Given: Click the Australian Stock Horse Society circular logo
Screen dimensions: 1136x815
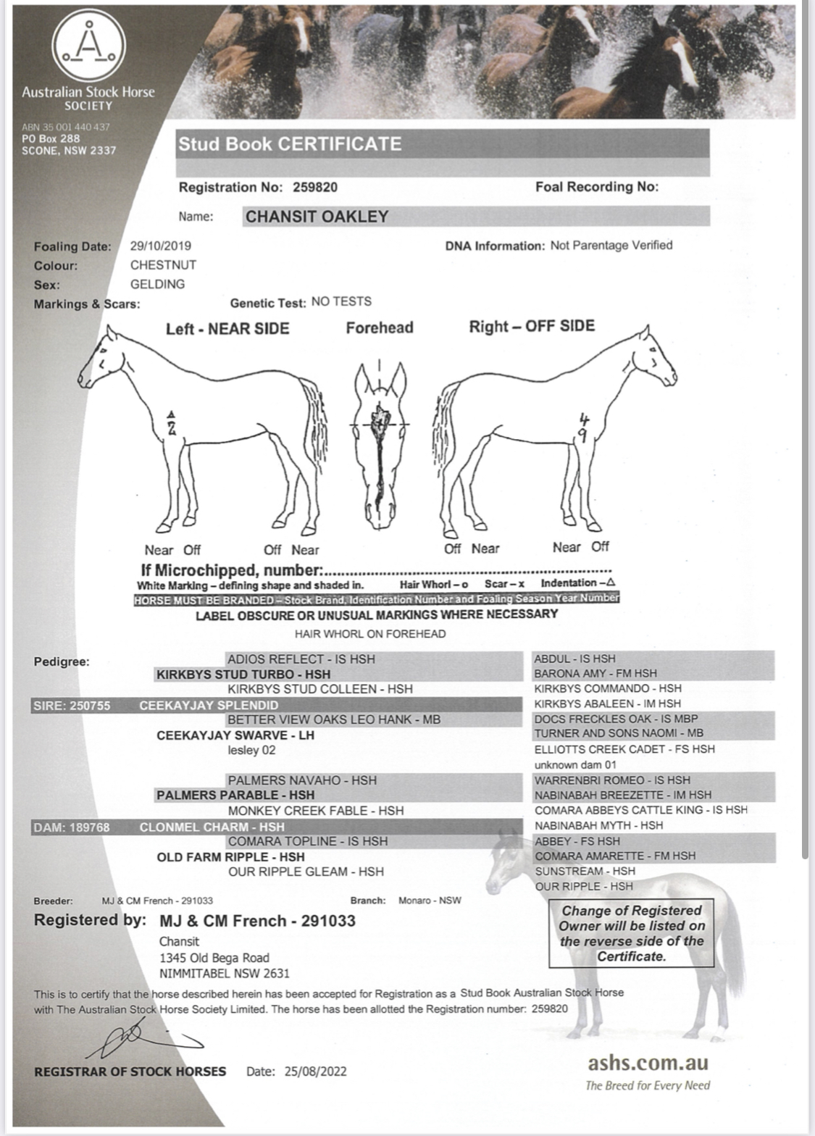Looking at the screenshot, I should pyautogui.click(x=88, y=46).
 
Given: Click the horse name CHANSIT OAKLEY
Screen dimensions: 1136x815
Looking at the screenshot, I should pyautogui.click(x=317, y=217).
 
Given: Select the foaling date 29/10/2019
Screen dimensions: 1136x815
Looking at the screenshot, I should pyautogui.click(x=161, y=246).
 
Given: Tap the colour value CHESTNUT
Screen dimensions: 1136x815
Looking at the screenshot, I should pyautogui.click(x=163, y=265).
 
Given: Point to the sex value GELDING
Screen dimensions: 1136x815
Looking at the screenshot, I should pyautogui.click(x=157, y=284).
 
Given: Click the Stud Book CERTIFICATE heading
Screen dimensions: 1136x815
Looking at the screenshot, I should pyautogui.click(x=290, y=143).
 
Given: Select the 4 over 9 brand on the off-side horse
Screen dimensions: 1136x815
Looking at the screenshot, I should pyautogui.click(x=585, y=427).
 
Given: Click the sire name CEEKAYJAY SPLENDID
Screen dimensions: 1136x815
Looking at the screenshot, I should pyautogui.click(x=209, y=705).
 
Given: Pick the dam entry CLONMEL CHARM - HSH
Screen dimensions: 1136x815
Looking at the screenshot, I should pyautogui.click(x=212, y=827).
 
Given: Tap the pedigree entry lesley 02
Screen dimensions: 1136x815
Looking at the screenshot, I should pyautogui.click(x=251, y=750).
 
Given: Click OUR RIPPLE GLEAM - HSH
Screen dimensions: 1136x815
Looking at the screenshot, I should pyautogui.click(x=306, y=872).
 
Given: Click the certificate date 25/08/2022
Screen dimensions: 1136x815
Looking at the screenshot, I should pyautogui.click(x=315, y=1071).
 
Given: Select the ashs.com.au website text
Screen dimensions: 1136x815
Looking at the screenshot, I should pyautogui.click(x=648, y=1063).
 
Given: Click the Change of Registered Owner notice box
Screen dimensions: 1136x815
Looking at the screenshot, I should pyautogui.click(x=631, y=933).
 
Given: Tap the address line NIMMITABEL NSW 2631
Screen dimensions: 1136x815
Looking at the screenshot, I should pyautogui.click(x=224, y=973).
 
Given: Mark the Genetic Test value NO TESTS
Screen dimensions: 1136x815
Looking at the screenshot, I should pyautogui.click(x=341, y=301).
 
